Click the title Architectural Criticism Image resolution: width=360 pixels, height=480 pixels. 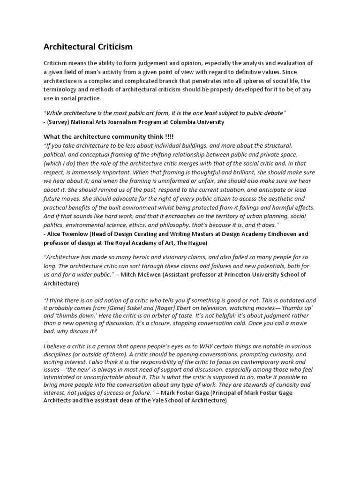pos(88,47)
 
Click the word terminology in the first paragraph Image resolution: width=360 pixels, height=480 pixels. pos(60,90)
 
